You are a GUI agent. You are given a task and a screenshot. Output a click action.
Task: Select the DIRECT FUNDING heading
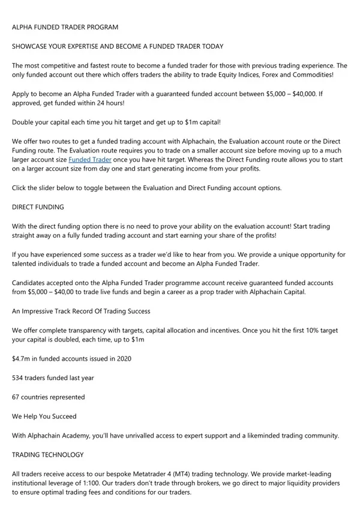[x=38, y=207]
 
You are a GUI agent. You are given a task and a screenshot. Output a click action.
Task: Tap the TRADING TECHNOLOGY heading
[x=48, y=454]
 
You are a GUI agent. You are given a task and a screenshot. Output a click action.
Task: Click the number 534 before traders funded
[x=19, y=378]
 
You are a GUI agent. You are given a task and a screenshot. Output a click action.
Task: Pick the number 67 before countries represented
[x=16, y=397]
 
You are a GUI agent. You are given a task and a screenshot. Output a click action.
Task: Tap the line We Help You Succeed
[x=44, y=416]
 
